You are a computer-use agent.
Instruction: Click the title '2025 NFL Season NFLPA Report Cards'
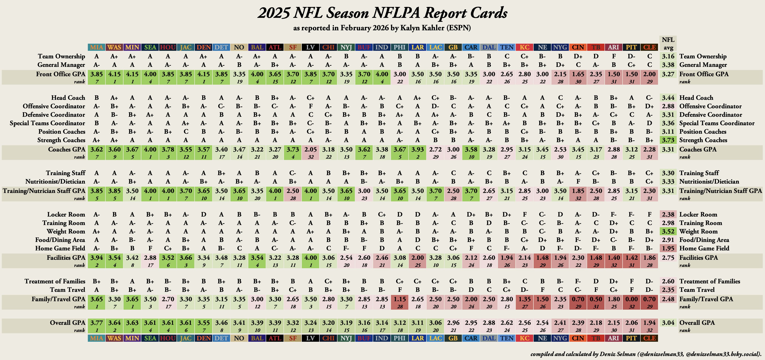[x=382, y=13]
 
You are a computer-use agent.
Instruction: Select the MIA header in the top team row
[x=97, y=47]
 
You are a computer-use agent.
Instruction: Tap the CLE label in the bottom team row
[x=650, y=338]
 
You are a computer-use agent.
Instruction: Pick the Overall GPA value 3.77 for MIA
[x=97, y=323]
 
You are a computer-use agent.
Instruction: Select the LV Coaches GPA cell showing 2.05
[x=311, y=149]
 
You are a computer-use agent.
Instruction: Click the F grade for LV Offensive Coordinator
[x=311, y=106]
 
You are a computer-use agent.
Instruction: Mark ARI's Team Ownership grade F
[x=614, y=56]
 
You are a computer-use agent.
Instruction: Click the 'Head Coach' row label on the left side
[x=68, y=98]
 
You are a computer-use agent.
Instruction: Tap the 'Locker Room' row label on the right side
[x=698, y=215]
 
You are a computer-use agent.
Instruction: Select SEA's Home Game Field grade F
[x=150, y=248]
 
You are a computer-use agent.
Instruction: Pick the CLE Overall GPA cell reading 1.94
[x=650, y=323]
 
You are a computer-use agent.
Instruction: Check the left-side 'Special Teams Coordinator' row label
[x=47, y=123]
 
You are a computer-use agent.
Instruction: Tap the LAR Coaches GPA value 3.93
[x=417, y=149]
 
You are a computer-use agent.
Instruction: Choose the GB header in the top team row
[x=453, y=47]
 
